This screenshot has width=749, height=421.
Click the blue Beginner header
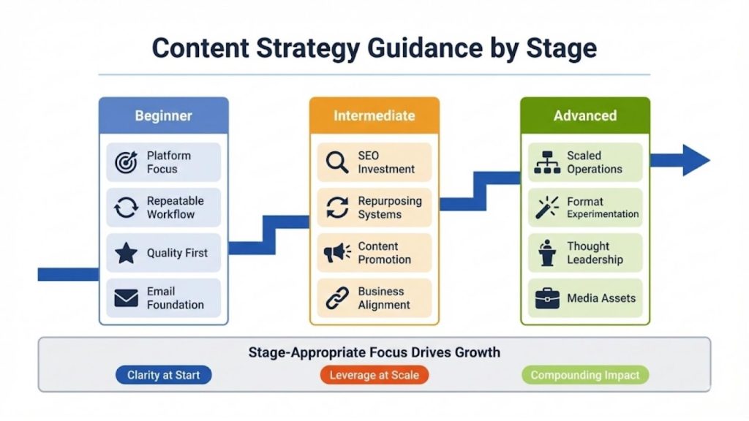click(163, 115)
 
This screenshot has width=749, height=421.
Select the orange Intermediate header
click(374, 115)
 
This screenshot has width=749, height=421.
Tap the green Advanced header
click(584, 115)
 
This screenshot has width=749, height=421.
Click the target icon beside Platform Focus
click(126, 162)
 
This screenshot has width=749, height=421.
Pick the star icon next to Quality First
click(126, 253)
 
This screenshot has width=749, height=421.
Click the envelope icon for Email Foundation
click(126, 298)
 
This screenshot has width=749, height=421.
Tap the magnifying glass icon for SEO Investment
click(337, 162)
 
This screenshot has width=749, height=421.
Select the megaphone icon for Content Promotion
click(337, 253)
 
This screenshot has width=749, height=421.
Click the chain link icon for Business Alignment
click(337, 298)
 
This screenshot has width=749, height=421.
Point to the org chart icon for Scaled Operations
click(547, 162)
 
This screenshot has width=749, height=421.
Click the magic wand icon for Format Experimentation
click(547, 208)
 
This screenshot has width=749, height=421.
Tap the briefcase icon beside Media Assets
click(547, 298)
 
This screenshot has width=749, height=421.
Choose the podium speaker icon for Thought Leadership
click(547, 253)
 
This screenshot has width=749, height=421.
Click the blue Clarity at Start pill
click(163, 375)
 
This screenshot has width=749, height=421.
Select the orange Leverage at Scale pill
click(374, 375)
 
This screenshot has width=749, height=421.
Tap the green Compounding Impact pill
click(584, 375)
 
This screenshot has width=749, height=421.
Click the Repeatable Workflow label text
click(175, 208)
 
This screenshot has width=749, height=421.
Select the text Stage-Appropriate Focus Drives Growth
click(374, 352)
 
